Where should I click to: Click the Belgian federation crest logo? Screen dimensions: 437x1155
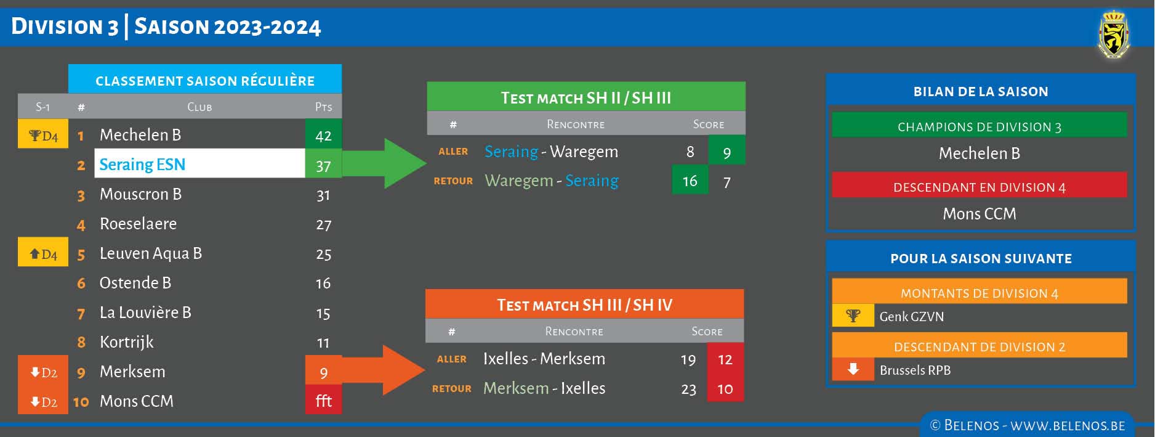[x=1114, y=36]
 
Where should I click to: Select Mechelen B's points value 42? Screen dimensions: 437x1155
[x=323, y=136]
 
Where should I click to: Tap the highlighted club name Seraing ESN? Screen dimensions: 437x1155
[x=142, y=165]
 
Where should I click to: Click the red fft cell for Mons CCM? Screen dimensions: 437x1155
[x=323, y=401]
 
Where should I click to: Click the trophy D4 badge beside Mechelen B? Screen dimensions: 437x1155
[x=43, y=136]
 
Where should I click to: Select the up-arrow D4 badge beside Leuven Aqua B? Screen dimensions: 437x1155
[x=43, y=254]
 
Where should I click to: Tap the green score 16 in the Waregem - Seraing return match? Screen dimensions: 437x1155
[x=690, y=181]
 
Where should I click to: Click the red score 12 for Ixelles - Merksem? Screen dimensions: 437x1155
[x=725, y=359]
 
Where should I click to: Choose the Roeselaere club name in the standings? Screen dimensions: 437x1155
[x=138, y=224]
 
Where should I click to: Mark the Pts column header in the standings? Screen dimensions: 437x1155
[x=323, y=107]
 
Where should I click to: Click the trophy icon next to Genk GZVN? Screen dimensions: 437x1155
[x=853, y=316]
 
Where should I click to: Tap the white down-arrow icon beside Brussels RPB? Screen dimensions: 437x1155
[x=853, y=370]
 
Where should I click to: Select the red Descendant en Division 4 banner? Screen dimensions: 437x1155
[x=979, y=187]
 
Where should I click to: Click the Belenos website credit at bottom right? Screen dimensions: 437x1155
[x=1028, y=425]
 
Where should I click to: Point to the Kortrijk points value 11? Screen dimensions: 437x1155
[x=323, y=343]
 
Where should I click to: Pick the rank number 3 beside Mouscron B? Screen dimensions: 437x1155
[x=81, y=195]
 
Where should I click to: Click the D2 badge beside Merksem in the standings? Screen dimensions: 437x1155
[x=43, y=372]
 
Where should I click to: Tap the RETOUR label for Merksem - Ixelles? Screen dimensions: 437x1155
[x=452, y=389]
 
